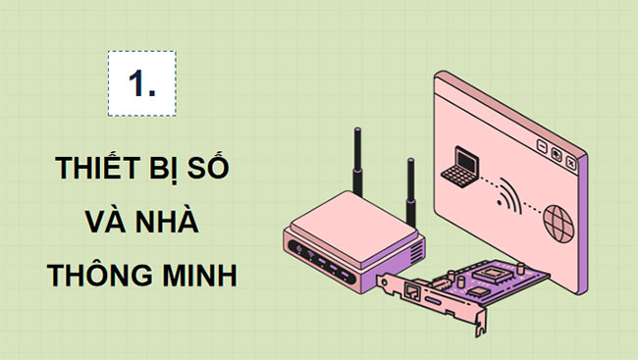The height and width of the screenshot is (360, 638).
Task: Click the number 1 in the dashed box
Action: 141,83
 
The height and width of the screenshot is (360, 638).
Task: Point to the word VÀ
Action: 106,222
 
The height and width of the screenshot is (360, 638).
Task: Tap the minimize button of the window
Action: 541,146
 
